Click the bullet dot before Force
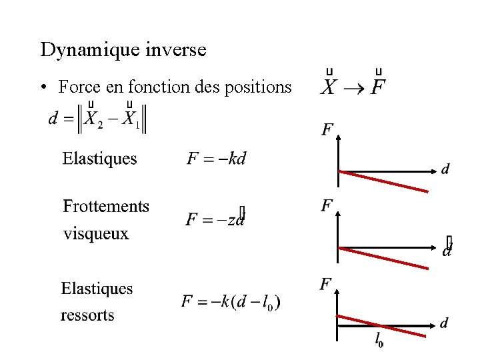43,87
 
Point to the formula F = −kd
216,159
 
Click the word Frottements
106,206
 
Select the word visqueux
96,233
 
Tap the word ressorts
87,315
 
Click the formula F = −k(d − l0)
231,302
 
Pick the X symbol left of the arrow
328,87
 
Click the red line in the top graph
383,181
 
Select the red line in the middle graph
383,258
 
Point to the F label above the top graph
327,129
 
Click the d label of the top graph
445,169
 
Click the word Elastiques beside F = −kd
99,159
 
